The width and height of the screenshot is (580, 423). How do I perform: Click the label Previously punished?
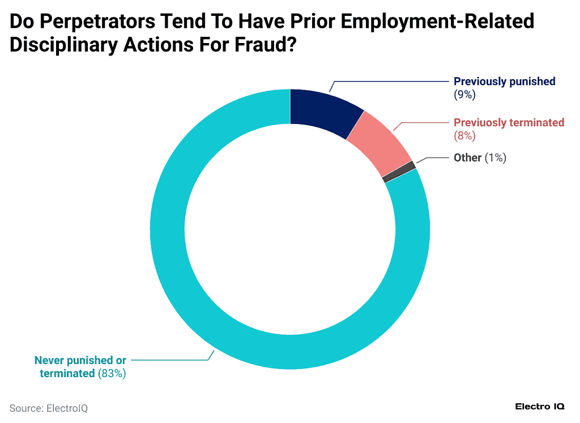504,82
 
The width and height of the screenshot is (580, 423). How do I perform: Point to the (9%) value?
464,95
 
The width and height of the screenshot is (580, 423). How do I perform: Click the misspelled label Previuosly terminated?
509,122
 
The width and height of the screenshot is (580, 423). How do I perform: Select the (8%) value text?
464,136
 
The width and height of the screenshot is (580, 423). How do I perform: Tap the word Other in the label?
467,158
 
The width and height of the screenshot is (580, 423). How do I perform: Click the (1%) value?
495,158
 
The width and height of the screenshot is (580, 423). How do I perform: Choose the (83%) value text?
112,373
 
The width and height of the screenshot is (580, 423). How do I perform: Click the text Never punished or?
80,360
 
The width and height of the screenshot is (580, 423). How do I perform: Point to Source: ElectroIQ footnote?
49,408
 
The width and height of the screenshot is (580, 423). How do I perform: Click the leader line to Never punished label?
170,359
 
